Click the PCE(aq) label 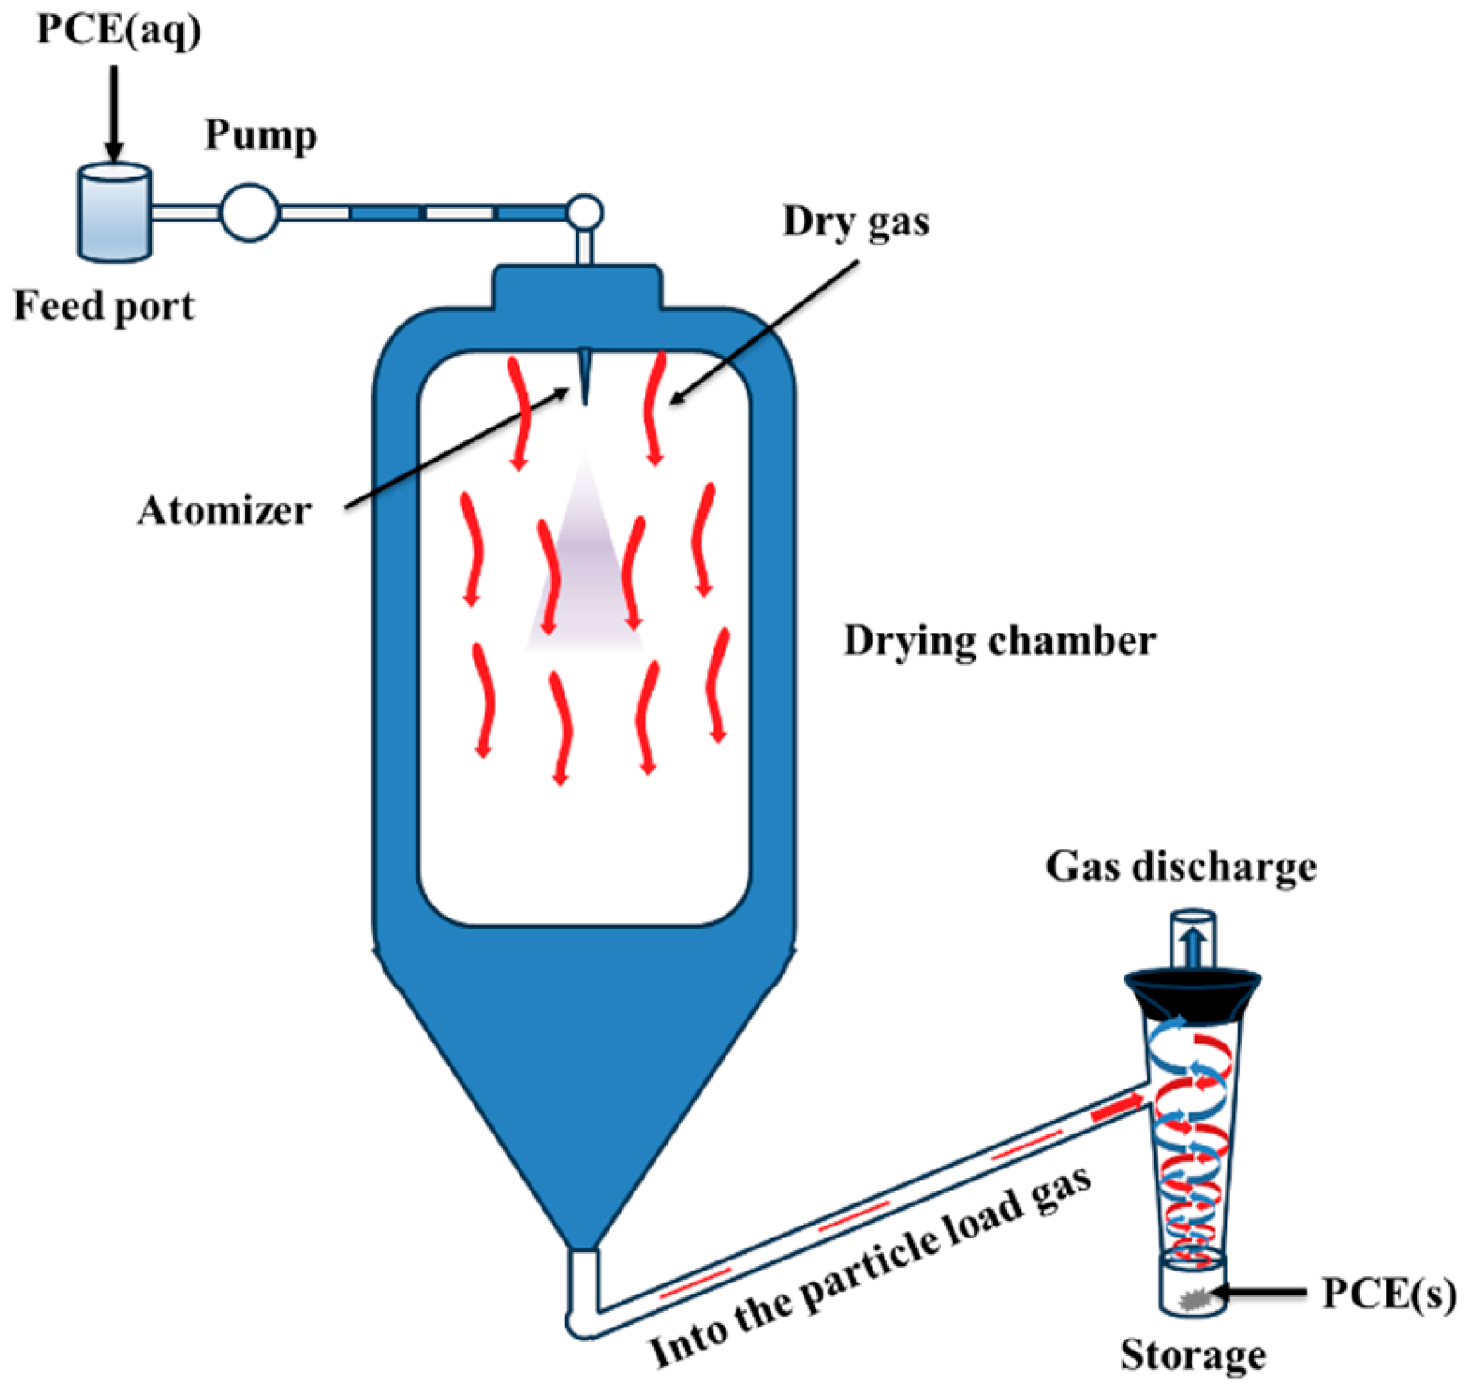pos(119,29)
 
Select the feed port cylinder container pos(114,213)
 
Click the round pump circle pos(249,212)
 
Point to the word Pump pos(260,135)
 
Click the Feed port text pos(104,306)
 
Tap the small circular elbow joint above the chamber pos(584,213)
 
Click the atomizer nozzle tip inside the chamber pos(584,377)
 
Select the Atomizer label pos(224,510)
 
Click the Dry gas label pos(855,222)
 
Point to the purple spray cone pos(585,570)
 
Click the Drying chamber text pos(999,641)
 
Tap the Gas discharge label pos(1181,867)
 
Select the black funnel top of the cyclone pos(1192,993)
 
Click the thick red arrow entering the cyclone pos(1116,1109)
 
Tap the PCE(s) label pos(1388,1294)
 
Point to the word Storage pos(1192,1354)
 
